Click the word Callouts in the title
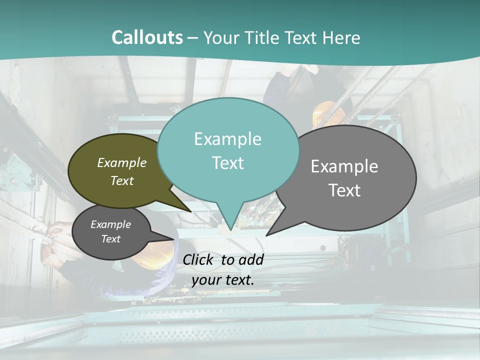click(x=147, y=37)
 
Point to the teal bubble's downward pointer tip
click(x=230, y=230)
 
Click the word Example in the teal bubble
click(x=228, y=138)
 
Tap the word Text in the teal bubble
click(x=228, y=162)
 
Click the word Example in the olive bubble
click(x=122, y=162)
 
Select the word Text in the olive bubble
click(x=122, y=180)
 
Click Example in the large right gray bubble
click(x=344, y=166)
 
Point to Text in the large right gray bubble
click(x=344, y=190)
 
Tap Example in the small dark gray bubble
click(x=111, y=224)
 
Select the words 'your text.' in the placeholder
click(x=223, y=280)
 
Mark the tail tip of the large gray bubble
click(x=266, y=235)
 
